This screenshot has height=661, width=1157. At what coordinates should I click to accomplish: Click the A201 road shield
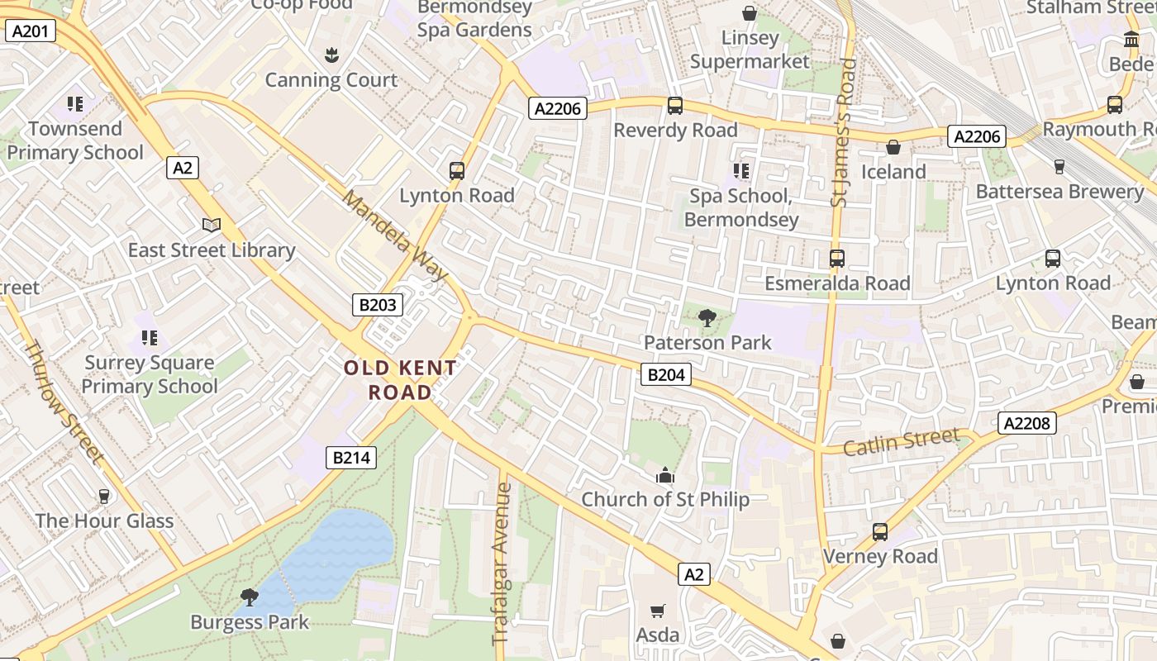[31, 31]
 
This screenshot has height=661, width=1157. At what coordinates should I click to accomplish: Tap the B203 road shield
[379, 305]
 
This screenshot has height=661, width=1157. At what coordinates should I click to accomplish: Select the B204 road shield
[666, 375]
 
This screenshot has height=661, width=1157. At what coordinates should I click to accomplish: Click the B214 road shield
[351, 458]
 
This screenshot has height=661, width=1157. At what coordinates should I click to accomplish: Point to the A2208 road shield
[1027, 424]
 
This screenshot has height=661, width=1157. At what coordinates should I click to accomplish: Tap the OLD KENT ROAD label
[400, 380]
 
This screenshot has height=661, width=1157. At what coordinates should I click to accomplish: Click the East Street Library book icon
[212, 225]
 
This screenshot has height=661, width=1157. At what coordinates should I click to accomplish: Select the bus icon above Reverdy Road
[675, 106]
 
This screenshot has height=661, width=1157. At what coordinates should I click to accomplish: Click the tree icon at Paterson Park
[707, 318]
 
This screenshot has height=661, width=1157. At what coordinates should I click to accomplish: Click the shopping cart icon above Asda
[658, 611]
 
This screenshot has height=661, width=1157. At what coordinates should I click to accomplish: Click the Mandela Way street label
[395, 236]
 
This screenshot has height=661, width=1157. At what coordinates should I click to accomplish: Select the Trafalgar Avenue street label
[502, 564]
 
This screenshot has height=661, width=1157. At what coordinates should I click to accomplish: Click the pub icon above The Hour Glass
[104, 496]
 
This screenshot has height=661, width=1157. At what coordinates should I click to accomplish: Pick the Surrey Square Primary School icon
[150, 337]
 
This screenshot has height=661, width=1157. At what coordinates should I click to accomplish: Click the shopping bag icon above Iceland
[893, 147]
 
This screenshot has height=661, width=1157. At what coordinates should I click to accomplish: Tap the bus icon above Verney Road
[880, 532]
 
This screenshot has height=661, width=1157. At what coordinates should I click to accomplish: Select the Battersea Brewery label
[1059, 191]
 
